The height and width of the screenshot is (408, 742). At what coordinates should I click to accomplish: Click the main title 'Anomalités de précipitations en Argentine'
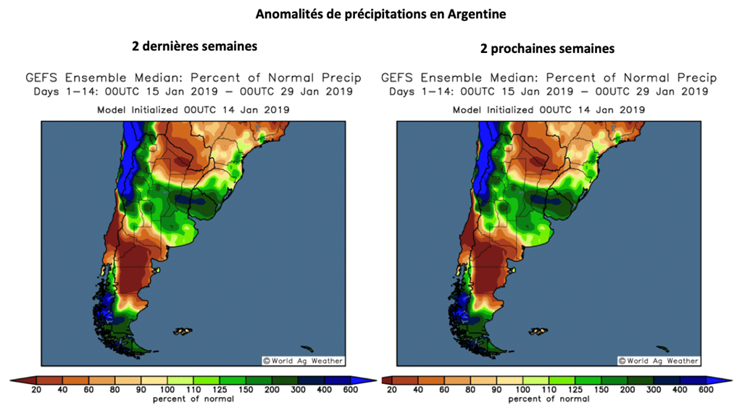(370, 14)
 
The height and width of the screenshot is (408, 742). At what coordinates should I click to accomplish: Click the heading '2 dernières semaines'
(194, 46)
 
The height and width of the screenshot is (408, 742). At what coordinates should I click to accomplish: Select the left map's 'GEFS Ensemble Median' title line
(193, 78)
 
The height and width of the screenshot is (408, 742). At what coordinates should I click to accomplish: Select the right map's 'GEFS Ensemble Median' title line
(549, 78)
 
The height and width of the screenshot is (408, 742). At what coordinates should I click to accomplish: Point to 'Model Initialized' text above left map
(193, 109)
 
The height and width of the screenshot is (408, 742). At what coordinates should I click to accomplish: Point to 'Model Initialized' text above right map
(549, 109)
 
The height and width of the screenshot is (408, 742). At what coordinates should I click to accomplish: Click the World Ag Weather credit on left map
(303, 361)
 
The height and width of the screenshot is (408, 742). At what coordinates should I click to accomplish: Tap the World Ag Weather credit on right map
(659, 361)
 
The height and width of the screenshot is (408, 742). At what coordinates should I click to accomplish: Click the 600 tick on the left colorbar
(351, 390)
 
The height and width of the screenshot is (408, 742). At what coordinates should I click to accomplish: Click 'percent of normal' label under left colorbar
(193, 399)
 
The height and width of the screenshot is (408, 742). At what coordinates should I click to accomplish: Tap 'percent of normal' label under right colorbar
(549, 399)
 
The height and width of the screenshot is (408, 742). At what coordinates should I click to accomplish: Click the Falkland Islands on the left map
(183, 331)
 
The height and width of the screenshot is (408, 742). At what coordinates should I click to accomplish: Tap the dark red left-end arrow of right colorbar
(386, 380)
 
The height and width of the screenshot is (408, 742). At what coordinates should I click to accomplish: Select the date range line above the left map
(193, 92)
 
